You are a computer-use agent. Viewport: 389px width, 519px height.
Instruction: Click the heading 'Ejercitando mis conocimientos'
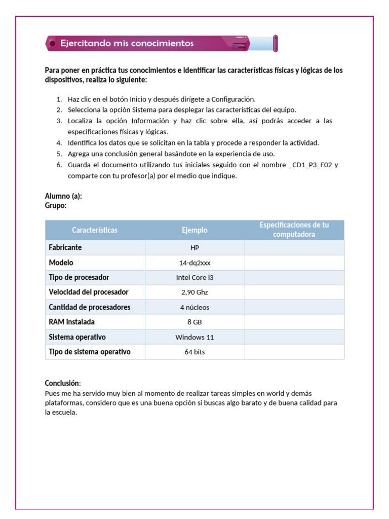click(x=127, y=44)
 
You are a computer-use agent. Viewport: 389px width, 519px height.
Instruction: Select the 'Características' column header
click(x=95, y=230)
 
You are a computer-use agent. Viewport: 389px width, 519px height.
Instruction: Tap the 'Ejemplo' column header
click(x=194, y=230)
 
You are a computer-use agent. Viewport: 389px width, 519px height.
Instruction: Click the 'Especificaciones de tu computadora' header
click(x=294, y=230)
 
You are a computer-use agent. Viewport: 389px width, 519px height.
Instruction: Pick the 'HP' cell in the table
click(x=194, y=248)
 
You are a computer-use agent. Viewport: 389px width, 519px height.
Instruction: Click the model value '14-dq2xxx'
click(x=194, y=263)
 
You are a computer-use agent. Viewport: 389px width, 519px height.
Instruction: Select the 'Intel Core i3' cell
click(x=194, y=278)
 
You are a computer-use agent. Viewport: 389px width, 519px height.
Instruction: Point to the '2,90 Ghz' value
click(x=194, y=292)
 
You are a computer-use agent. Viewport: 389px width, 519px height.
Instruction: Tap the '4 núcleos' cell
click(x=194, y=307)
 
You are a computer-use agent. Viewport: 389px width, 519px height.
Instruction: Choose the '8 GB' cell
click(x=194, y=322)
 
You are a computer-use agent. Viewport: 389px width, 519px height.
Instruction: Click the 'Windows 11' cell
click(x=194, y=337)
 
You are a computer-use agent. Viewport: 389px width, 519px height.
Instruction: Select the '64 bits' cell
click(x=194, y=352)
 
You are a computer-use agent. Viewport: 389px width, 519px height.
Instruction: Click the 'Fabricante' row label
click(x=65, y=247)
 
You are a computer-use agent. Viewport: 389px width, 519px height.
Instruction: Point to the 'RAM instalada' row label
click(x=71, y=322)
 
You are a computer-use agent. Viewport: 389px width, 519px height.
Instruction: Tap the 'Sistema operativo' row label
click(x=77, y=337)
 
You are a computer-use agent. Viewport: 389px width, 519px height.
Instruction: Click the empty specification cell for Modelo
click(x=294, y=263)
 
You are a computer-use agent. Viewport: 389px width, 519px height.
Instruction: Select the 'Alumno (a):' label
click(x=63, y=196)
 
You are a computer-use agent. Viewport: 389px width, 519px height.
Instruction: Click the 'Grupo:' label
click(x=56, y=206)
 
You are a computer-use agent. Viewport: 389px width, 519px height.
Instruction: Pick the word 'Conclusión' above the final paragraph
click(x=62, y=383)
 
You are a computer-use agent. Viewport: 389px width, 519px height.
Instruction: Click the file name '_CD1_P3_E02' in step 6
click(x=310, y=165)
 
